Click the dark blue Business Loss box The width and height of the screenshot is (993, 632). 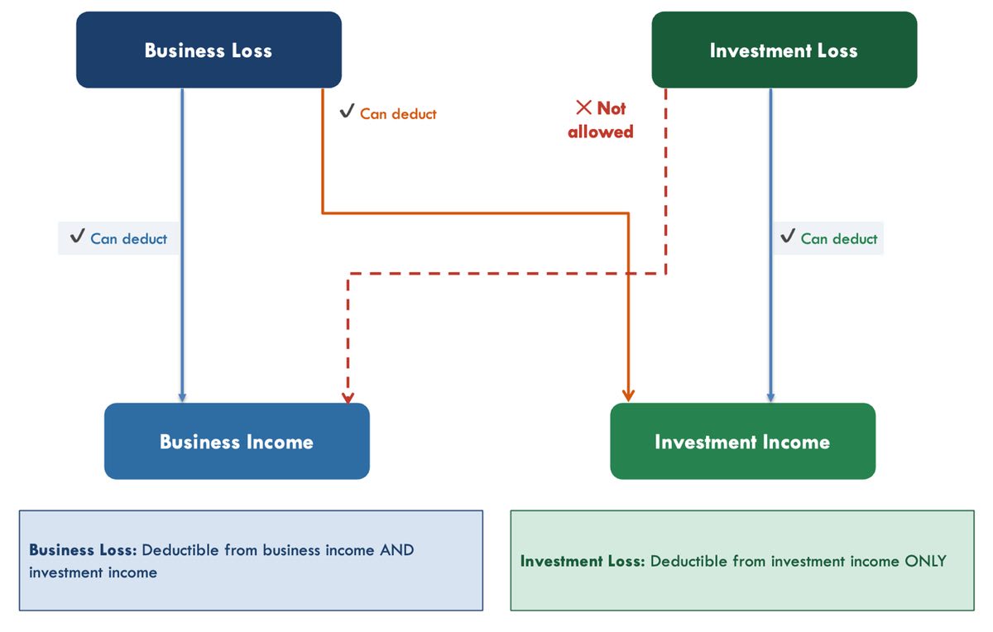tap(209, 50)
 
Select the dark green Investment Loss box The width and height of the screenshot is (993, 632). tap(784, 50)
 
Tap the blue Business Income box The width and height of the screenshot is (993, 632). tap(237, 441)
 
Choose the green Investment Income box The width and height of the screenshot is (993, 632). tap(743, 441)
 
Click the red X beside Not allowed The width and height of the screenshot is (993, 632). tap(584, 108)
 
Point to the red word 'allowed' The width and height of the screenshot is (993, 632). tap(601, 132)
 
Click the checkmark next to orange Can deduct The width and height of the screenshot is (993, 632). tap(347, 110)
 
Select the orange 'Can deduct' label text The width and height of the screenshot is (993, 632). tap(398, 114)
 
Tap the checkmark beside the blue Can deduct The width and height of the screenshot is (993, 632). tap(78, 235)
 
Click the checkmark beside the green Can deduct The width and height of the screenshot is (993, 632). tap(788, 235)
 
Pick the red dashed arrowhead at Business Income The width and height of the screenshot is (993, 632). tap(348, 398)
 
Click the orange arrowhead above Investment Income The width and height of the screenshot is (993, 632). tap(628, 395)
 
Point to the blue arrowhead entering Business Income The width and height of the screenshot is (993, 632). tap(182, 397)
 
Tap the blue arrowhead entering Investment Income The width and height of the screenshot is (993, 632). tap(771, 397)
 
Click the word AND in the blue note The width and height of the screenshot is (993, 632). tap(396, 550)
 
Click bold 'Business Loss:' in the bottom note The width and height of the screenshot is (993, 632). tap(83, 550)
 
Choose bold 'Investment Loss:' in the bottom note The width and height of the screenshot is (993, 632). tap(583, 561)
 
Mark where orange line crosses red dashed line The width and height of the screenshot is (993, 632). tap(628, 274)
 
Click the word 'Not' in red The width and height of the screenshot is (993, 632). tap(612, 108)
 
